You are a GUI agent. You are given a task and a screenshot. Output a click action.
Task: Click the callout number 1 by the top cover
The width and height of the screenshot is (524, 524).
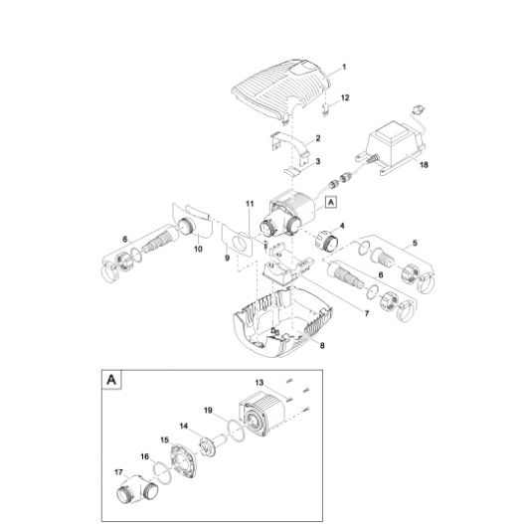(x=344, y=68)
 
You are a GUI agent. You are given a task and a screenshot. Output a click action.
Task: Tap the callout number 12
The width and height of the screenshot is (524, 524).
(x=345, y=97)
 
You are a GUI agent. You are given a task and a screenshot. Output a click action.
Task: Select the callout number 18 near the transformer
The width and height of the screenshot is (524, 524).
(x=424, y=165)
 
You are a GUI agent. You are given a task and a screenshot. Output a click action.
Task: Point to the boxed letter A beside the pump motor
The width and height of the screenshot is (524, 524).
(x=331, y=202)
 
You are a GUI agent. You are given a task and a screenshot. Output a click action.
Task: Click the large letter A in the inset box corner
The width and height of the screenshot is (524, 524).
(x=111, y=380)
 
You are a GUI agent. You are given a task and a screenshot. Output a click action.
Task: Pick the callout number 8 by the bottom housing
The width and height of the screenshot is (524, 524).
(x=322, y=345)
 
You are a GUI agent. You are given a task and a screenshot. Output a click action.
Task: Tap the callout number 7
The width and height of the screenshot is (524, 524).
(x=367, y=313)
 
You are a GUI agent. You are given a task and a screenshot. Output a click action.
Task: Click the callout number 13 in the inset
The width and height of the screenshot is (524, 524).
(x=260, y=382)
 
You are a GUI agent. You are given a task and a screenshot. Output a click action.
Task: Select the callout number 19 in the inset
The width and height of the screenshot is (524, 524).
(x=208, y=410)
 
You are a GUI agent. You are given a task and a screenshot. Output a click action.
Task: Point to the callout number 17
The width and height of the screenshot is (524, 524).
(x=118, y=472)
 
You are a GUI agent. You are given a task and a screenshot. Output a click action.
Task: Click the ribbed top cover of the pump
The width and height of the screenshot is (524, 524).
(x=280, y=90)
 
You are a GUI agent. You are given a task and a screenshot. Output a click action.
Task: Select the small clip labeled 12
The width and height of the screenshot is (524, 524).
(x=325, y=110)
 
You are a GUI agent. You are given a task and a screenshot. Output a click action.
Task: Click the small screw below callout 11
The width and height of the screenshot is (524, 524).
(x=265, y=245)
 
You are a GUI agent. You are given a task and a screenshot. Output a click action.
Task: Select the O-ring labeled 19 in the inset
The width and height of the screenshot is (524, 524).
(x=236, y=429)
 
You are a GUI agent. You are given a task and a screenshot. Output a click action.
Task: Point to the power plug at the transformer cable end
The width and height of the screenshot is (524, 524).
(x=417, y=109)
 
